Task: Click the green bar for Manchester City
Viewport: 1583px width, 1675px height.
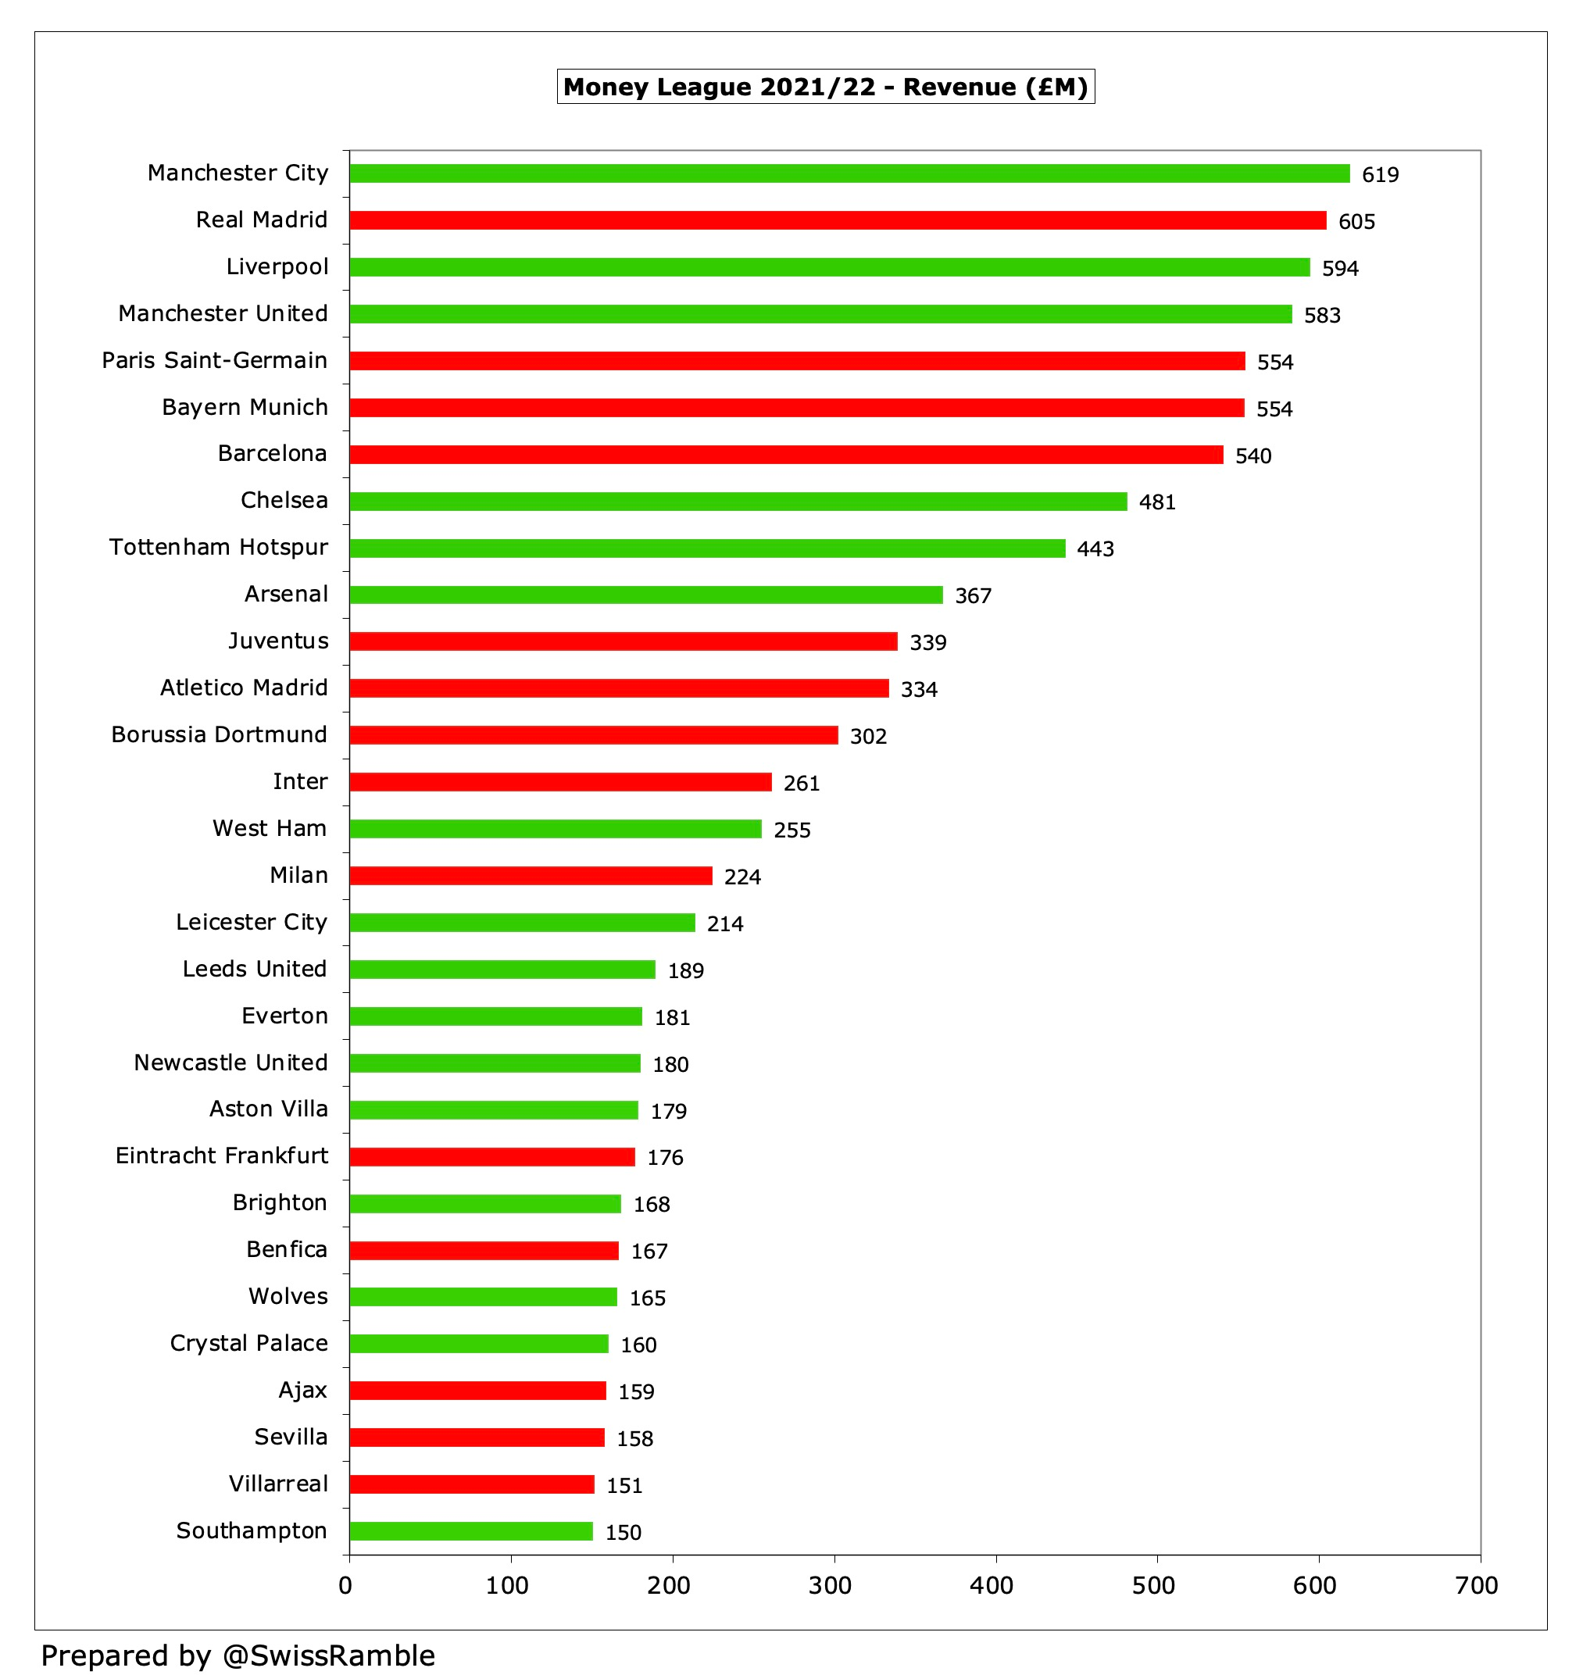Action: (x=848, y=174)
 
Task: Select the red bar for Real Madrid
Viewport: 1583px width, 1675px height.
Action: (x=837, y=220)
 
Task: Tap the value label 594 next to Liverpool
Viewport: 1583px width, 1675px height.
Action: (x=1339, y=268)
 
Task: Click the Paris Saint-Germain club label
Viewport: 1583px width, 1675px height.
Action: (x=214, y=360)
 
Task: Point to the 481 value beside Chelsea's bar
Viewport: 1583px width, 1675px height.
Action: (x=1156, y=502)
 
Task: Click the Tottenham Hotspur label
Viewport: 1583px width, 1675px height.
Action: (x=218, y=548)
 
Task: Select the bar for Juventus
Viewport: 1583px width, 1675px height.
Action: (x=623, y=641)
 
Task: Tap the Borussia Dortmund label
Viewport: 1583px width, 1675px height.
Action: (x=219, y=735)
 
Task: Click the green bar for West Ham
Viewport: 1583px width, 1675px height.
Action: (x=556, y=829)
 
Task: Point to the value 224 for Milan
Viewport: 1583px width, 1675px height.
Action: (x=741, y=877)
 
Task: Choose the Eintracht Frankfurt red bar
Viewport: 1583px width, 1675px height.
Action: (x=492, y=1157)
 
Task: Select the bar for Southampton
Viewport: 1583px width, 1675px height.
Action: (x=471, y=1530)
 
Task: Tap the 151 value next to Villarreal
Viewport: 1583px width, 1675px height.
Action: (x=624, y=1485)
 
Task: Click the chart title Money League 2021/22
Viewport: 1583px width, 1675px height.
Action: (x=824, y=87)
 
